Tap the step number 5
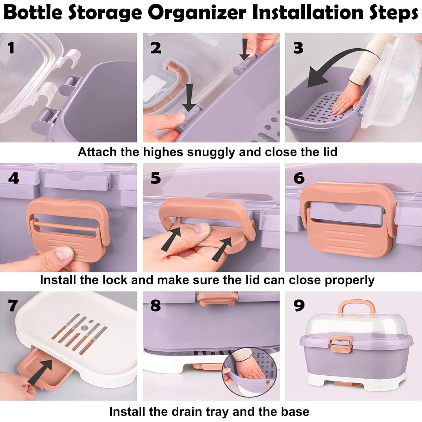[156, 178]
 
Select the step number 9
[299, 305]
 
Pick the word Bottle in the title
[33, 13]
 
